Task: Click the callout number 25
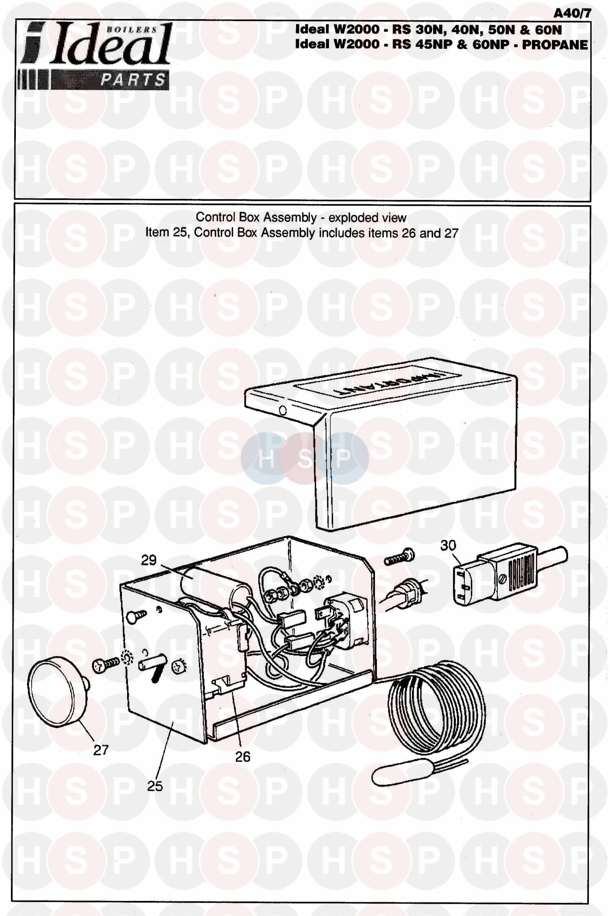pyautogui.click(x=155, y=785)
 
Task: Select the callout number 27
pyautogui.click(x=101, y=750)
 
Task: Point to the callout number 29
pyautogui.click(x=149, y=560)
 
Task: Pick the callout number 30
pyautogui.click(x=448, y=545)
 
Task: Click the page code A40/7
pyautogui.click(x=572, y=13)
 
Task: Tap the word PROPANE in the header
pyautogui.click(x=555, y=44)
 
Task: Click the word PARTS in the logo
pyautogui.click(x=133, y=80)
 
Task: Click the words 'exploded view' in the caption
pyautogui.click(x=367, y=218)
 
